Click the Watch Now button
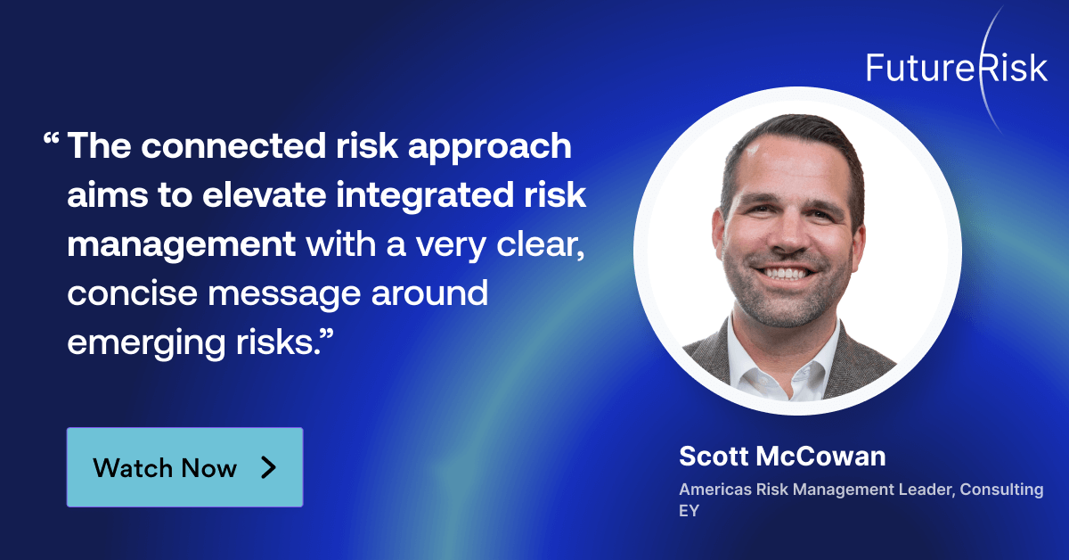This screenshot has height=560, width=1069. [184, 467]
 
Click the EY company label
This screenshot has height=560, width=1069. [689, 513]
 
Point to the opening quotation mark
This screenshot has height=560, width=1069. [51, 141]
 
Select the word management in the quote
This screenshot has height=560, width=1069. [181, 243]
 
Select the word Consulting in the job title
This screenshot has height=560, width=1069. [1001, 490]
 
